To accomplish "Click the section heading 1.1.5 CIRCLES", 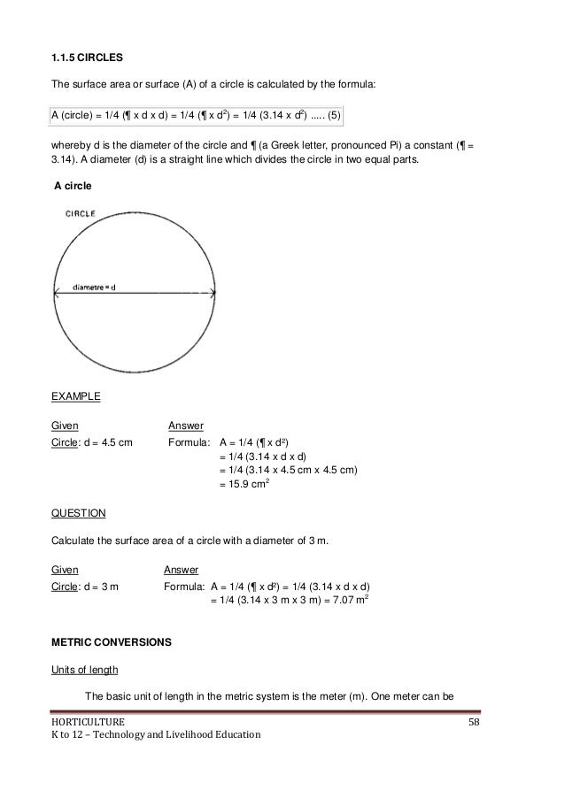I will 87,58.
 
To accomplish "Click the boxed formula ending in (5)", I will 195,115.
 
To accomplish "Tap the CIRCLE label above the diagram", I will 81,213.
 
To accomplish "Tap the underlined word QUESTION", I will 78,513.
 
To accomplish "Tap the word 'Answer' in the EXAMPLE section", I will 186,426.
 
